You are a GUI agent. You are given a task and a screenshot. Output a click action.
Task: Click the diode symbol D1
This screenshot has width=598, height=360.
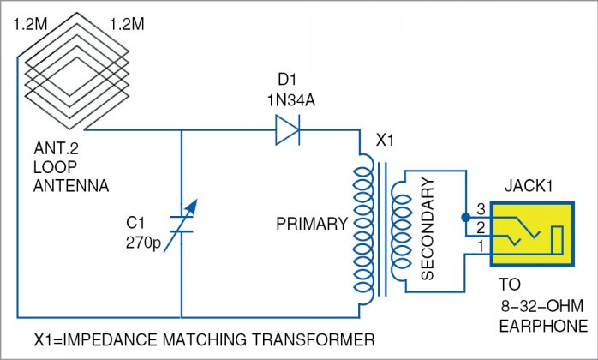pos(286,131)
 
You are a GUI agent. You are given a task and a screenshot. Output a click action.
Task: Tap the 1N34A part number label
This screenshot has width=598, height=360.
pos(284,99)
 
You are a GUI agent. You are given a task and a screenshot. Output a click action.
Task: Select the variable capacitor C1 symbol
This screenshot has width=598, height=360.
pos(182,224)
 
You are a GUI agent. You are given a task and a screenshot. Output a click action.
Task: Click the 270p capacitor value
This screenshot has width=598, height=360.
pos(141,243)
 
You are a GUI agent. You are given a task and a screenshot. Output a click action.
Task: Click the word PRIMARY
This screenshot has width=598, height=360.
pos(312,225)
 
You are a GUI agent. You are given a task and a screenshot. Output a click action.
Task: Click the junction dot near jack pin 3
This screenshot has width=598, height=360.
pos(464,217)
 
